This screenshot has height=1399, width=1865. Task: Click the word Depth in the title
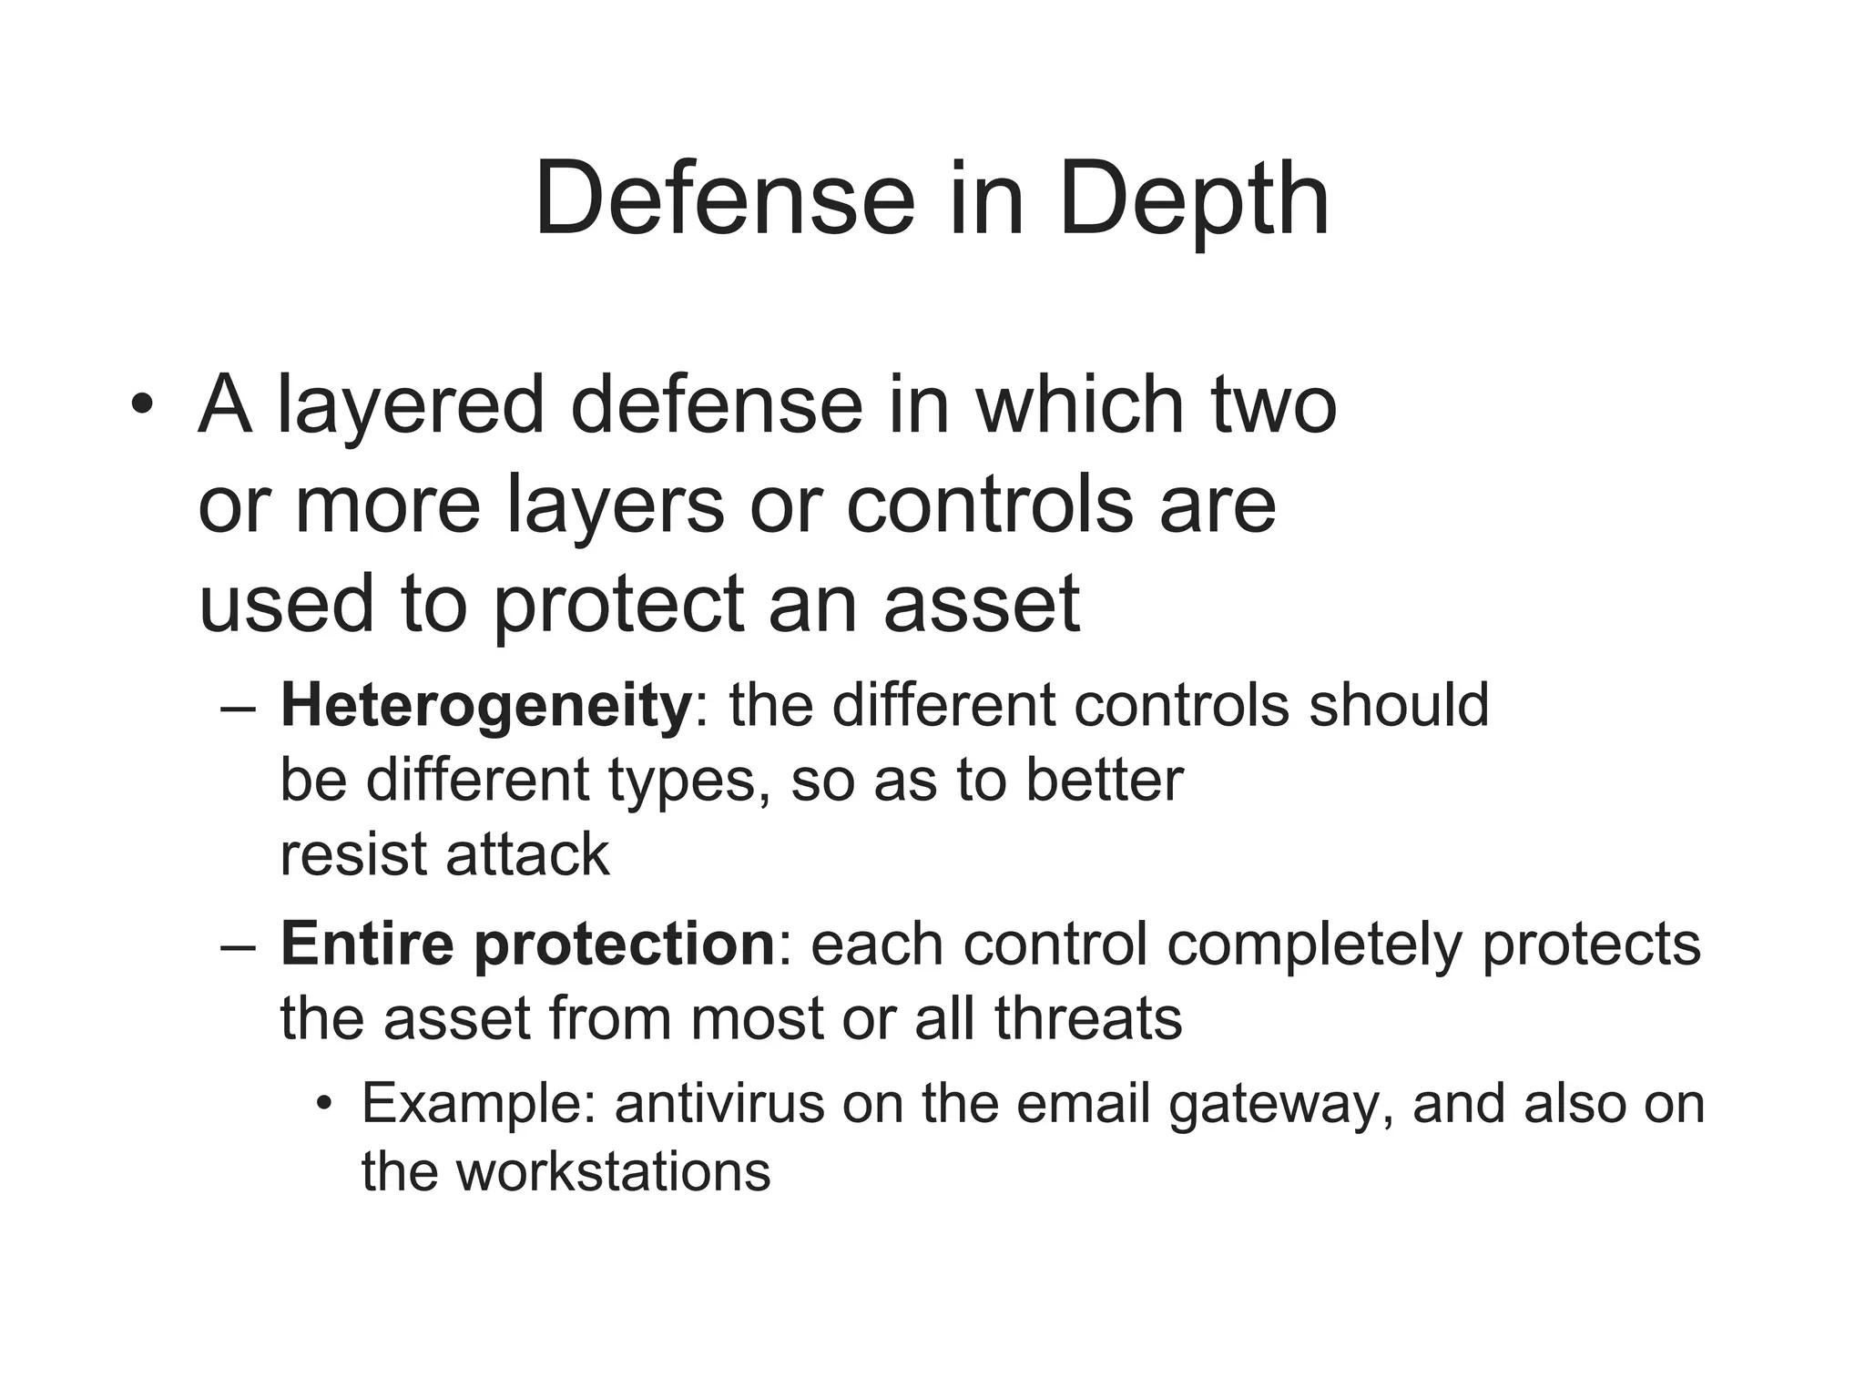click(x=1193, y=199)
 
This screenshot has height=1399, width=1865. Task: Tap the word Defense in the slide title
click(x=724, y=199)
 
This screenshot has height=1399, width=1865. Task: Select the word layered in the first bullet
click(x=411, y=405)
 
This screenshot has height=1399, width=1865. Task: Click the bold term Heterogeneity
click(x=486, y=706)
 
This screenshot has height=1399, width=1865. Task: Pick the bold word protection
click(x=624, y=944)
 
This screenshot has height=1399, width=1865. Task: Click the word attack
click(x=527, y=854)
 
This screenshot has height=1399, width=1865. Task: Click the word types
click(x=682, y=781)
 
